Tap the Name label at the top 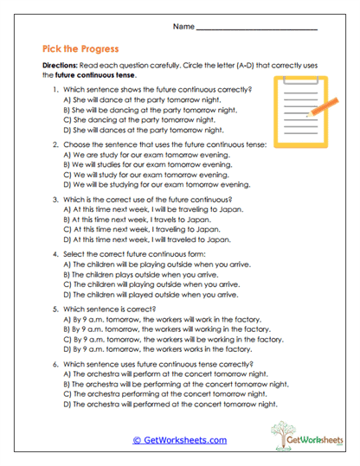183,28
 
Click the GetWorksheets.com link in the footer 180,439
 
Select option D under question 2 156,184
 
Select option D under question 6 170,403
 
